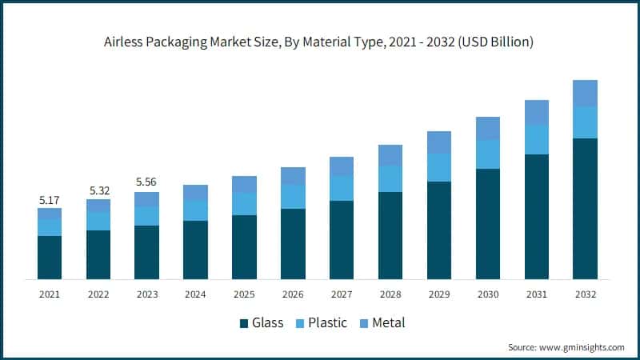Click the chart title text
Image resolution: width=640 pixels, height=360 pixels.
point(320,42)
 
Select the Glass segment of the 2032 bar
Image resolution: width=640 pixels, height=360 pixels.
point(585,208)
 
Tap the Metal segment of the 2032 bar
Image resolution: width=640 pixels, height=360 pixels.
point(585,93)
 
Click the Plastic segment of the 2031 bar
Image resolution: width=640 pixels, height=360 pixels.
point(536,139)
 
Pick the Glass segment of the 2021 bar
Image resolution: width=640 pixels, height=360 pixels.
point(50,257)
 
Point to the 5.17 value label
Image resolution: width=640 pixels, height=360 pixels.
point(50,198)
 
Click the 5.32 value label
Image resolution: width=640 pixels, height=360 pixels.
point(98,190)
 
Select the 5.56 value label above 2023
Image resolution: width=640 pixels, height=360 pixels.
point(147,182)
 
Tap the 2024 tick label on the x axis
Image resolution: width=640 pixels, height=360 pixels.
point(195,294)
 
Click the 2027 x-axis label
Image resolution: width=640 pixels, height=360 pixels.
point(342,294)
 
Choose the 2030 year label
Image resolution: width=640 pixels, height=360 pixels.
point(487,294)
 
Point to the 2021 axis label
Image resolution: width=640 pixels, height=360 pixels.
point(50,294)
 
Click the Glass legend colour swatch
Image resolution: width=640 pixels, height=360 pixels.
point(244,323)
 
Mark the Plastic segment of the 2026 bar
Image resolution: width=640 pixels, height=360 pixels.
point(293,197)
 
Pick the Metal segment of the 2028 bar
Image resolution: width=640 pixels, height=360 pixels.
point(390,155)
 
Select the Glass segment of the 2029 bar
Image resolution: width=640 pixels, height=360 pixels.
point(439,230)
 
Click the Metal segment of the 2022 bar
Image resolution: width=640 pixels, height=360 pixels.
point(98,206)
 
